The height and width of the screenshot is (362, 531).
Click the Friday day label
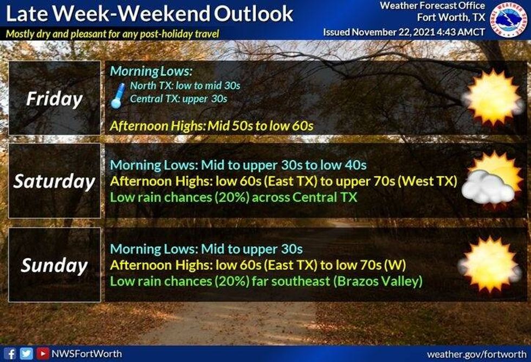pyautogui.click(x=54, y=99)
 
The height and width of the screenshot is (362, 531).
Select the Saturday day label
pyautogui.click(x=54, y=181)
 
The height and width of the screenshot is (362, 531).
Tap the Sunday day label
pyautogui.click(x=54, y=266)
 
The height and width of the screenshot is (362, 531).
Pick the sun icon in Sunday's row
pyautogui.click(x=490, y=265)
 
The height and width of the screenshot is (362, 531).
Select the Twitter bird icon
pyautogui.click(x=26, y=354)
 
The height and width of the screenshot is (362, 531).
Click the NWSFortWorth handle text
pyautogui.click(x=87, y=354)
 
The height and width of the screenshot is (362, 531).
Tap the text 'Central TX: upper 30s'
pyautogui.click(x=179, y=99)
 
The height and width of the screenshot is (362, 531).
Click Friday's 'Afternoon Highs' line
pyautogui.click(x=212, y=126)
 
